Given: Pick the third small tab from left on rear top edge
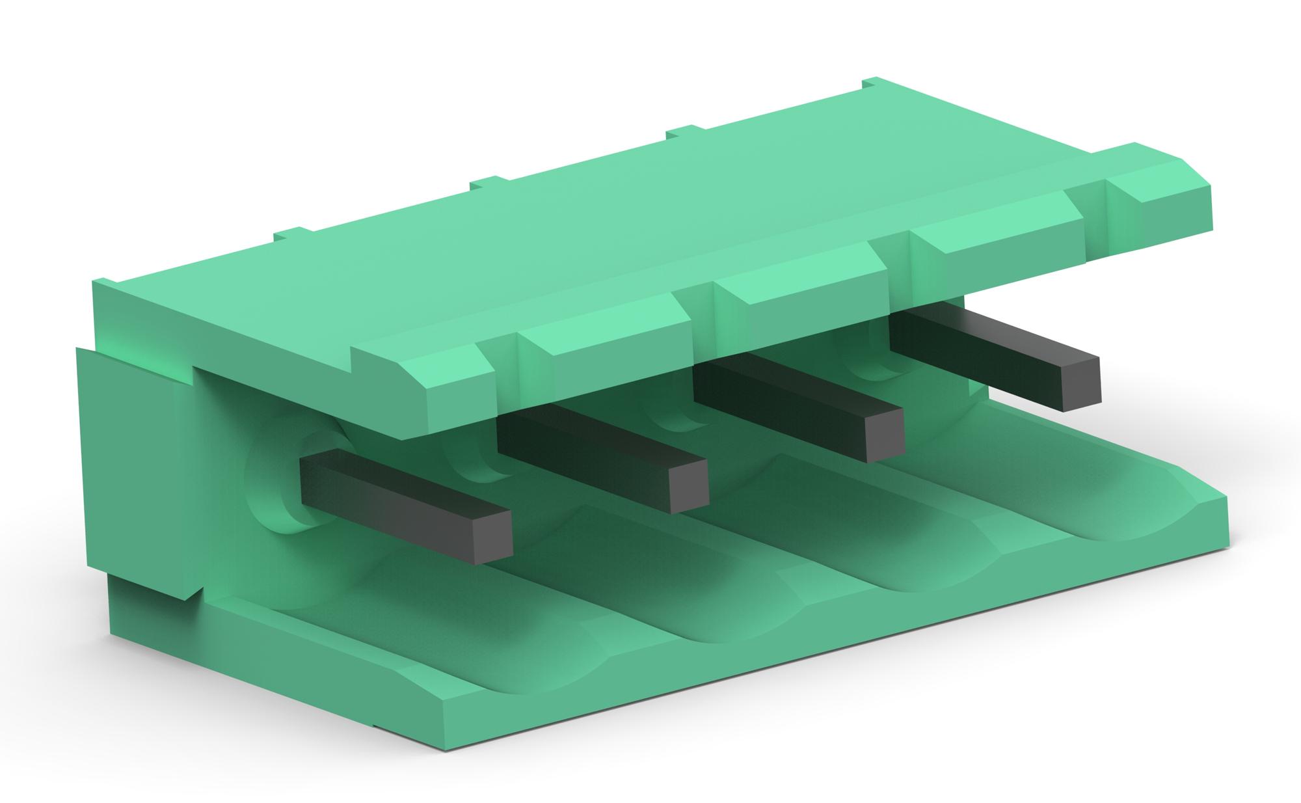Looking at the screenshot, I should pyautogui.click(x=683, y=133).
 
